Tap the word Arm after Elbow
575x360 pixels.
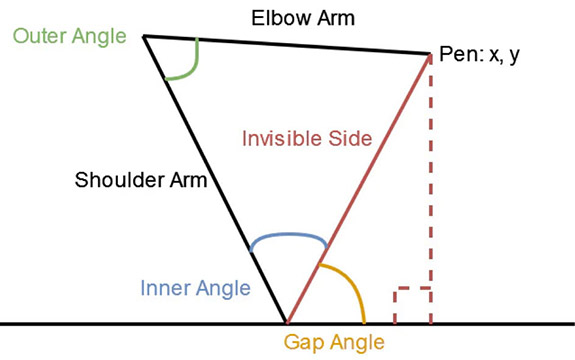tap(336, 18)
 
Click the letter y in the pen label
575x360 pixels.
tap(514, 56)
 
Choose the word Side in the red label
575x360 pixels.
tap(350, 139)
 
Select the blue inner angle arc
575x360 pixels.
tap(289, 235)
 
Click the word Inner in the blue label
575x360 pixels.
tap(166, 288)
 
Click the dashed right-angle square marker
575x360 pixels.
tap(412, 289)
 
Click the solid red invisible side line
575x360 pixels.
tap(358, 189)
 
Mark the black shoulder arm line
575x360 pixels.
tap(215, 180)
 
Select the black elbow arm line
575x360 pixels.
tap(286, 45)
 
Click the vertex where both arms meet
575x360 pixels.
tap(143, 36)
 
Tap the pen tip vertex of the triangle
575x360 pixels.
tap(430, 54)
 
